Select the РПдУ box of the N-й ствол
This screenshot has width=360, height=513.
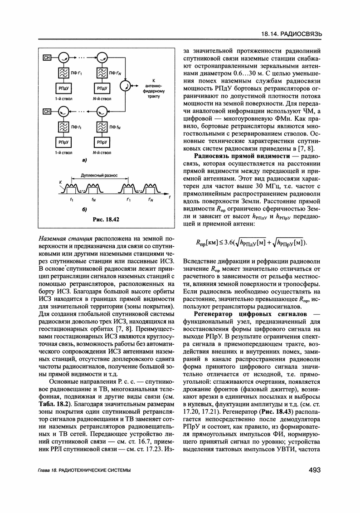coord(102,87)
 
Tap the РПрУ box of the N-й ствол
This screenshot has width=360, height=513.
coord(102,142)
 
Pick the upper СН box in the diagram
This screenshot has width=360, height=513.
coord(47,57)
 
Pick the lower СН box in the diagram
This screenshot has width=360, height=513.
coord(47,112)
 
